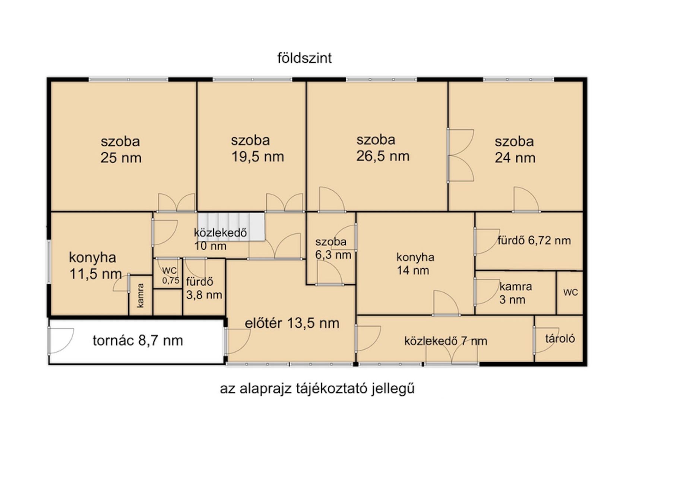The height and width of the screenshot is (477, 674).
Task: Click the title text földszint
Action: tap(304, 58)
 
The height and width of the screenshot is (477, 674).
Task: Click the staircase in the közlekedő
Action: tap(231, 227)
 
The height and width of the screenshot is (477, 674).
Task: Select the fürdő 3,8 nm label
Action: tap(204, 288)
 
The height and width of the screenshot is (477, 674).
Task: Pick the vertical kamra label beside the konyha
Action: tap(140, 296)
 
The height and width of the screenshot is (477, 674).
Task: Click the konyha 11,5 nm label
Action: tap(95, 265)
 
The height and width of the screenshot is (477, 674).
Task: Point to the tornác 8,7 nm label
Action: tap(137, 341)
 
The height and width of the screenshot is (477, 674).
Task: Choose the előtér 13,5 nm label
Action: tap(292, 323)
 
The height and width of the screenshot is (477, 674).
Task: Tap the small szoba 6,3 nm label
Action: tap(333, 248)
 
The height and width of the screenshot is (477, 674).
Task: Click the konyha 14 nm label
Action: tap(415, 263)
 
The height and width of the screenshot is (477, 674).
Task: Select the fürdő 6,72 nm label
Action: tap(534, 240)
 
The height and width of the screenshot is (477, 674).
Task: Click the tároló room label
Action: tap(560, 338)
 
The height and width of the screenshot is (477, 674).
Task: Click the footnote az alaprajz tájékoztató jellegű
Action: tap(317, 389)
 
